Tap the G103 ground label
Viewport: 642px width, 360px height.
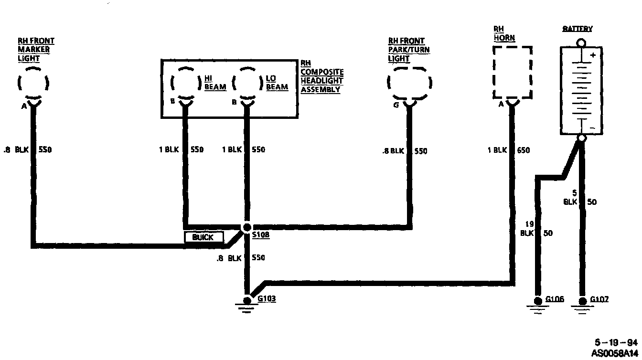point(267,299)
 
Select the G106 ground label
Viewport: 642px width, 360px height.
point(555,299)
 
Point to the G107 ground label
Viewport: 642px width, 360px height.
point(599,299)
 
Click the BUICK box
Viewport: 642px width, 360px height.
point(203,237)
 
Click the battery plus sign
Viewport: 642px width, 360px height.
point(593,55)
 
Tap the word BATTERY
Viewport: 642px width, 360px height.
point(577,29)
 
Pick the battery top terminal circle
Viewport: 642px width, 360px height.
point(581,42)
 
